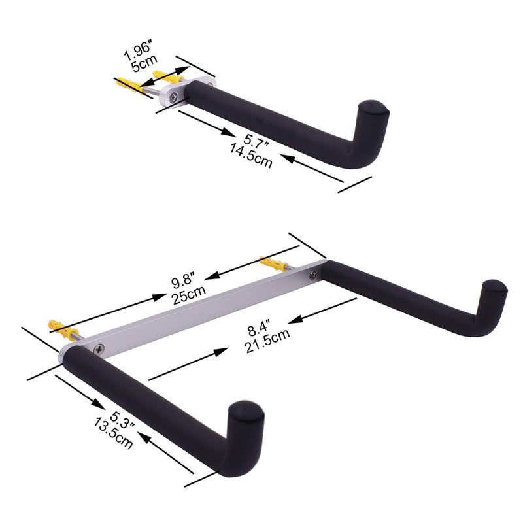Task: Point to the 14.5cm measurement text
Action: [248, 156]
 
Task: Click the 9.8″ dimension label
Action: [184, 283]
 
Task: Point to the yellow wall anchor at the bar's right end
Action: [273, 264]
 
